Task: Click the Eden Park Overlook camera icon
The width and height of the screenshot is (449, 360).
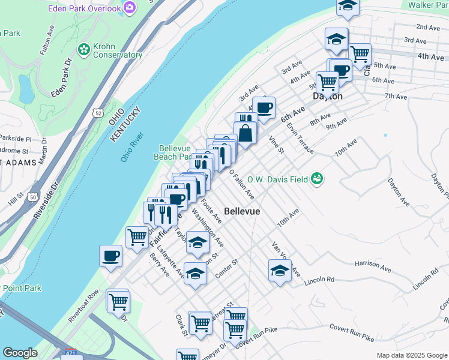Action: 129,7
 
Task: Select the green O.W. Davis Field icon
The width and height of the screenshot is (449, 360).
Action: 317,178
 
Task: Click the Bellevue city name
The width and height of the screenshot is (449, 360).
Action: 242,211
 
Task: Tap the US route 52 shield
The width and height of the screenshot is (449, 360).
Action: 98,112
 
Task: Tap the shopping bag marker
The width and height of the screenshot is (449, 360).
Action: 246,132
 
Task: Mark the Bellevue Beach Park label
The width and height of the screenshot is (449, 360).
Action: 175,152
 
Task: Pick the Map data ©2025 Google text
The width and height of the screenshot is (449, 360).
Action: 412,355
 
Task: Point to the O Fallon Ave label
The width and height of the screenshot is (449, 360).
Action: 243,184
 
